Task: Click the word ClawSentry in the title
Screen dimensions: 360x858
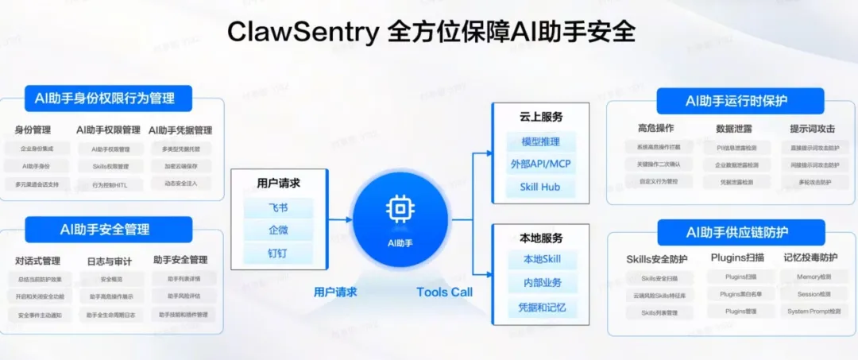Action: (x=303, y=32)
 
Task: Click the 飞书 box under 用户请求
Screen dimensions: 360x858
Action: (x=278, y=209)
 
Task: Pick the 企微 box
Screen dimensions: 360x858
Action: (x=278, y=231)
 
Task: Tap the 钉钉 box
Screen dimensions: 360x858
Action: (x=278, y=254)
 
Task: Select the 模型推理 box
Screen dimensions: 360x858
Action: (x=541, y=142)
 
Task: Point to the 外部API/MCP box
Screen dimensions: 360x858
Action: (x=541, y=165)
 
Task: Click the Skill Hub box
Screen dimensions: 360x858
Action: (x=541, y=188)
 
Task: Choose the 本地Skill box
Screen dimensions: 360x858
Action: (x=541, y=260)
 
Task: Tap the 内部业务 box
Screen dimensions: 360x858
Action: (x=541, y=284)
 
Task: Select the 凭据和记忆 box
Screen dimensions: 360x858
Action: (x=541, y=308)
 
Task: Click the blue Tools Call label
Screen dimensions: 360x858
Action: (x=444, y=292)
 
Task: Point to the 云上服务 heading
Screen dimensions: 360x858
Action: (x=541, y=117)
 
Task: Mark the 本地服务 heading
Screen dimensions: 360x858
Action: (x=541, y=238)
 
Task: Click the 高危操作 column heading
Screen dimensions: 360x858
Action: (x=656, y=129)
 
